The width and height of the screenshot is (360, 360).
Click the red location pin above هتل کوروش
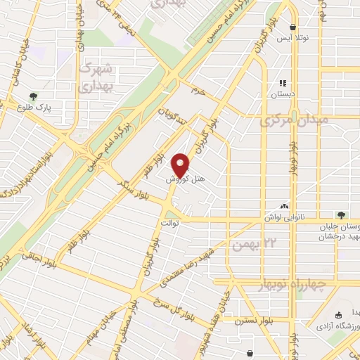[182, 165]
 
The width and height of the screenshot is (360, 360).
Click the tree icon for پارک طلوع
[32, 97]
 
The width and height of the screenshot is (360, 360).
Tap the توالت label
[172, 223]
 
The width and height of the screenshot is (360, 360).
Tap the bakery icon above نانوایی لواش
[285, 206]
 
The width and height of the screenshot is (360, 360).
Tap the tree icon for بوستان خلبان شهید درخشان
[341, 214]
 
